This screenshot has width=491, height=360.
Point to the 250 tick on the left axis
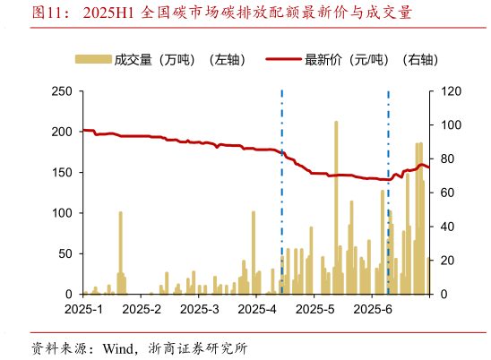point(62,91)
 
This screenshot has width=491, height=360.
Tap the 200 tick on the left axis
point(62,132)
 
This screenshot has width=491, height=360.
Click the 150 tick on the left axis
point(62,172)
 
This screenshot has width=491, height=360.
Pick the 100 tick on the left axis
point(62,213)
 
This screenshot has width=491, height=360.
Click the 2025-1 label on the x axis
point(82,310)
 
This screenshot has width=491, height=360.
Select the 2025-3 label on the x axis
point(199,310)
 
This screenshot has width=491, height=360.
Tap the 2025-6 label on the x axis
point(374,310)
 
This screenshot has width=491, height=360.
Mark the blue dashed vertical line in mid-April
point(282,193)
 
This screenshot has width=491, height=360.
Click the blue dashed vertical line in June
point(388,193)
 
